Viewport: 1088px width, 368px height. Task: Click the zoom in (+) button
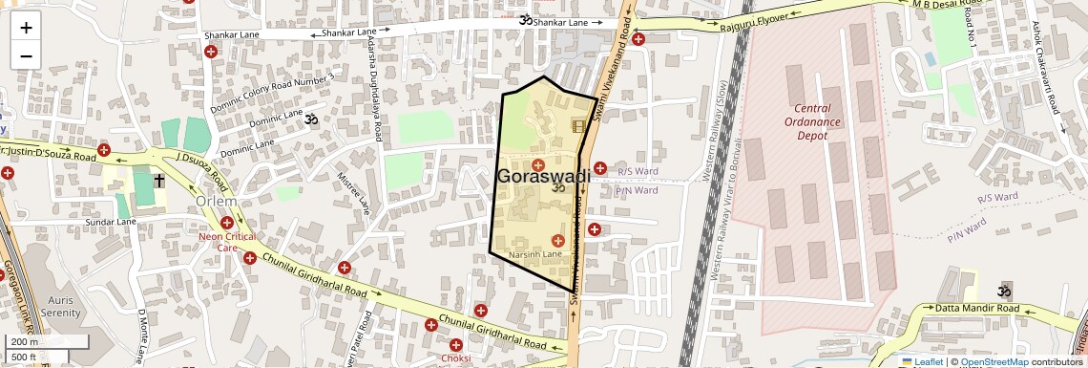click(26, 28)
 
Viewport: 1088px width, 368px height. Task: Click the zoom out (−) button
click(26, 55)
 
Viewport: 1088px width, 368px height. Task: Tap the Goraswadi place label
click(543, 177)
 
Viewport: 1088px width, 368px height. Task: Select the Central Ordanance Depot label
click(812, 122)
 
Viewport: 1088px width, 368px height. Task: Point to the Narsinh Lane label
click(535, 255)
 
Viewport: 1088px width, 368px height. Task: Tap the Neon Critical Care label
click(225, 241)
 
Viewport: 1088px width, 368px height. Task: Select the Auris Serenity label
click(61, 306)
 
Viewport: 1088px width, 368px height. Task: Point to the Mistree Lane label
click(354, 192)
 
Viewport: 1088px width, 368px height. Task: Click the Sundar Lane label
click(112, 222)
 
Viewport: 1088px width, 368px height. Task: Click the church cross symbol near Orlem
click(159, 181)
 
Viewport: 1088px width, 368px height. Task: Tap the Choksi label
click(456, 358)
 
